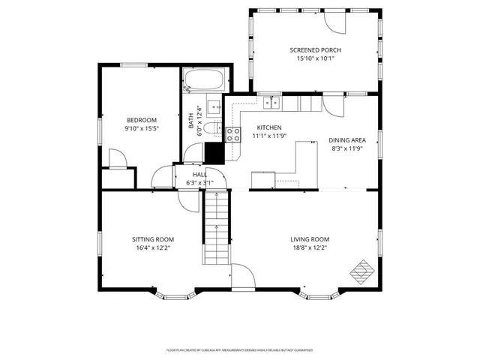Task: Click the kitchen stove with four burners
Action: coord(233,134)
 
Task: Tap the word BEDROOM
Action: coord(141,120)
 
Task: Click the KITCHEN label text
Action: coord(269,127)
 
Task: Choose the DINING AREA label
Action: coord(347,140)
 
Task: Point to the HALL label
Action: coord(199,174)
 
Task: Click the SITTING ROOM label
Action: coord(153,239)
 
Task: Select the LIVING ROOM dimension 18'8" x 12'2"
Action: coord(309,247)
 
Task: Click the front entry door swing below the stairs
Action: coord(242,277)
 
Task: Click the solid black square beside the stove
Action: coord(215,152)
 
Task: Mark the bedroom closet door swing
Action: coord(118,159)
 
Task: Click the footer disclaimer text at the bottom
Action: coord(240,349)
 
